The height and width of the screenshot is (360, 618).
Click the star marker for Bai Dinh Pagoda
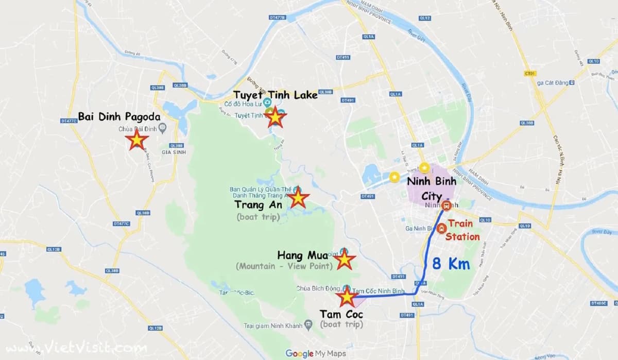(136, 140)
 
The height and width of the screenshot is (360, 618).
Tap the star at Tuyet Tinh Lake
(276, 117)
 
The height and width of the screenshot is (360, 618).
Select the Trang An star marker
(298, 198)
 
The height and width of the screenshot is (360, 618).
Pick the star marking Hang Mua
(344, 261)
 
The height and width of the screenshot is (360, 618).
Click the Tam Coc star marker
(347, 297)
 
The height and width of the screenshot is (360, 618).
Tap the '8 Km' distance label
(451, 264)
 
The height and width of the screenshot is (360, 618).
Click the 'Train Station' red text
(462, 230)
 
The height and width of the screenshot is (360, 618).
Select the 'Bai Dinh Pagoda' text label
(119, 117)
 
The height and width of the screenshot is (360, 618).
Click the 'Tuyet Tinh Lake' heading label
(276, 95)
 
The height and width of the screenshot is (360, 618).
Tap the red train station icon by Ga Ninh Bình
(441, 229)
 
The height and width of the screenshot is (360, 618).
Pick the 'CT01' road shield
(530, 74)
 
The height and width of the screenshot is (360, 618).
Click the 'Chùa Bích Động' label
(318, 288)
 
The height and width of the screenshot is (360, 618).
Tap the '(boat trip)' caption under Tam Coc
(341, 324)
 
